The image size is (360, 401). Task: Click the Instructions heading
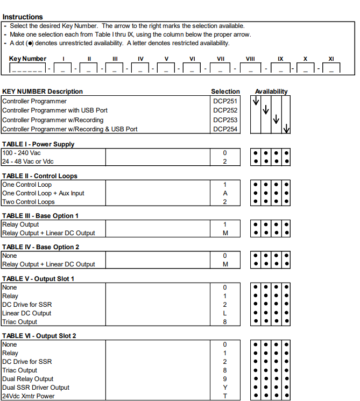coord(23,17)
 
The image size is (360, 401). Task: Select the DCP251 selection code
coord(225,101)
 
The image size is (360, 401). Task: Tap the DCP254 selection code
coord(225,129)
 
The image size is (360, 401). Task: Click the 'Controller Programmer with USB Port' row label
coord(55,110)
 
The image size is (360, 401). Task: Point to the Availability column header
coord(271,92)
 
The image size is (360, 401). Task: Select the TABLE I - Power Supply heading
coord(38,144)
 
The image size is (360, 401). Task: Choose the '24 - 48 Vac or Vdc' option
coord(28,161)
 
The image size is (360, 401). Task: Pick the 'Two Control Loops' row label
coord(29,202)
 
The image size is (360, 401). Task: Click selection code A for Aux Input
coord(225,193)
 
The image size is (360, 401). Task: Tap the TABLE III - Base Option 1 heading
coord(40,216)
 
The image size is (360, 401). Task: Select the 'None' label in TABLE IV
coord(10,256)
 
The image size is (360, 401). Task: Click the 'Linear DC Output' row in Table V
coord(27,313)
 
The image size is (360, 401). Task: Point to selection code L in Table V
coord(225,313)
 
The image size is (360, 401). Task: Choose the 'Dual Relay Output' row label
coord(28,379)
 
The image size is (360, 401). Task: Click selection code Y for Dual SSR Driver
coord(225,388)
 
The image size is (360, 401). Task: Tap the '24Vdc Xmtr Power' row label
coord(28,396)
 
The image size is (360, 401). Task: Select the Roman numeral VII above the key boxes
coord(221,59)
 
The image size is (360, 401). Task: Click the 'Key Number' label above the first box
coord(28,59)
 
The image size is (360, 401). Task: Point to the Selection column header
coord(225,92)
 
